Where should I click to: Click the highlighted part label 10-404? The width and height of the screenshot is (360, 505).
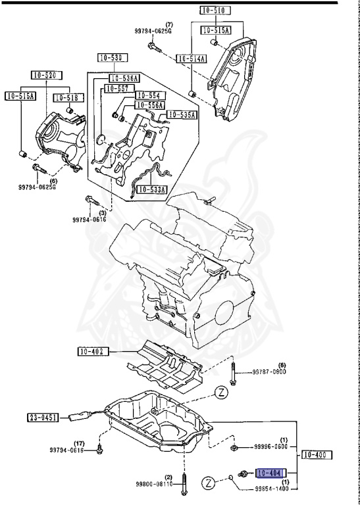[x=270, y=472]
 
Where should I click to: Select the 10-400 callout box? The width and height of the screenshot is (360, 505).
[x=317, y=454]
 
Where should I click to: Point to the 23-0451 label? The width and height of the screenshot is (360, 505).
[x=43, y=416]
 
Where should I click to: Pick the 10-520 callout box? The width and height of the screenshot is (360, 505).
[x=43, y=76]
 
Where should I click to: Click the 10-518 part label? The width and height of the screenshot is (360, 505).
[x=66, y=97]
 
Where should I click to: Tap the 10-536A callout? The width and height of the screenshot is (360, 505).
[x=125, y=78]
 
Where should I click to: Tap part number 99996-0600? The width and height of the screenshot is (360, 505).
[x=270, y=448]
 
